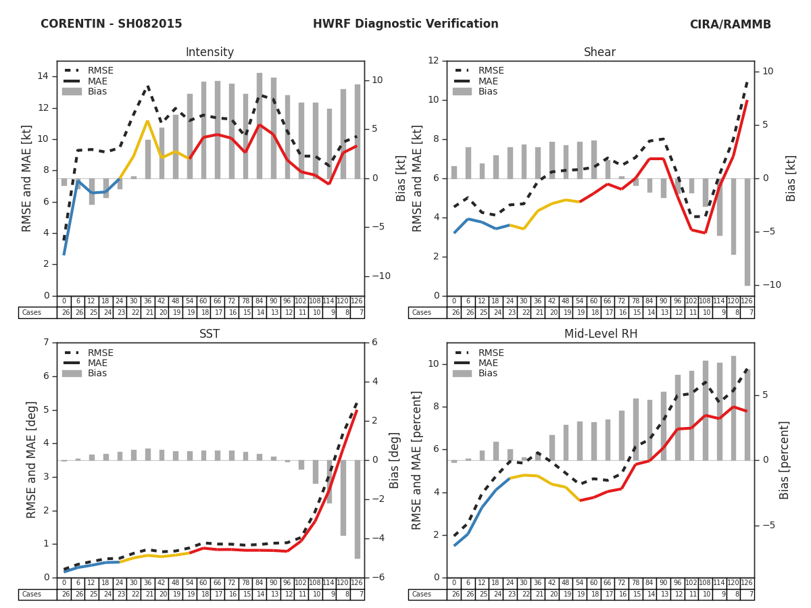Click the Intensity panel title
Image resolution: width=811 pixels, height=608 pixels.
tap(210, 53)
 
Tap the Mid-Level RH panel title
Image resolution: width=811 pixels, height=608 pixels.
tap(599, 334)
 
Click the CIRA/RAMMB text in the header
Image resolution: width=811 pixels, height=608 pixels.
tap(730, 24)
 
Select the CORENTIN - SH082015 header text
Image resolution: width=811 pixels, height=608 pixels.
tap(112, 24)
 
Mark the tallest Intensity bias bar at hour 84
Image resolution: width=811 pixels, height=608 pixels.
tap(260, 126)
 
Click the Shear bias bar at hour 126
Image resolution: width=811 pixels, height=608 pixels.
tap(747, 232)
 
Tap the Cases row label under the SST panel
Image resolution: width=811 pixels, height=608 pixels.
tap(32, 594)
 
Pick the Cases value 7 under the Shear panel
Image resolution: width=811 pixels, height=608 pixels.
tap(751, 313)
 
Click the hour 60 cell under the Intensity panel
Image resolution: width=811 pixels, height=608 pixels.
tap(203, 301)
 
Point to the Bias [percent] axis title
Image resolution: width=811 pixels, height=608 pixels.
tap(785, 460)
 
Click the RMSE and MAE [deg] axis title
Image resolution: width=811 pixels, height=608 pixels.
tap(32, 460)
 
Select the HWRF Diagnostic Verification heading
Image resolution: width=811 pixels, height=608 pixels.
tap(405, 24)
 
